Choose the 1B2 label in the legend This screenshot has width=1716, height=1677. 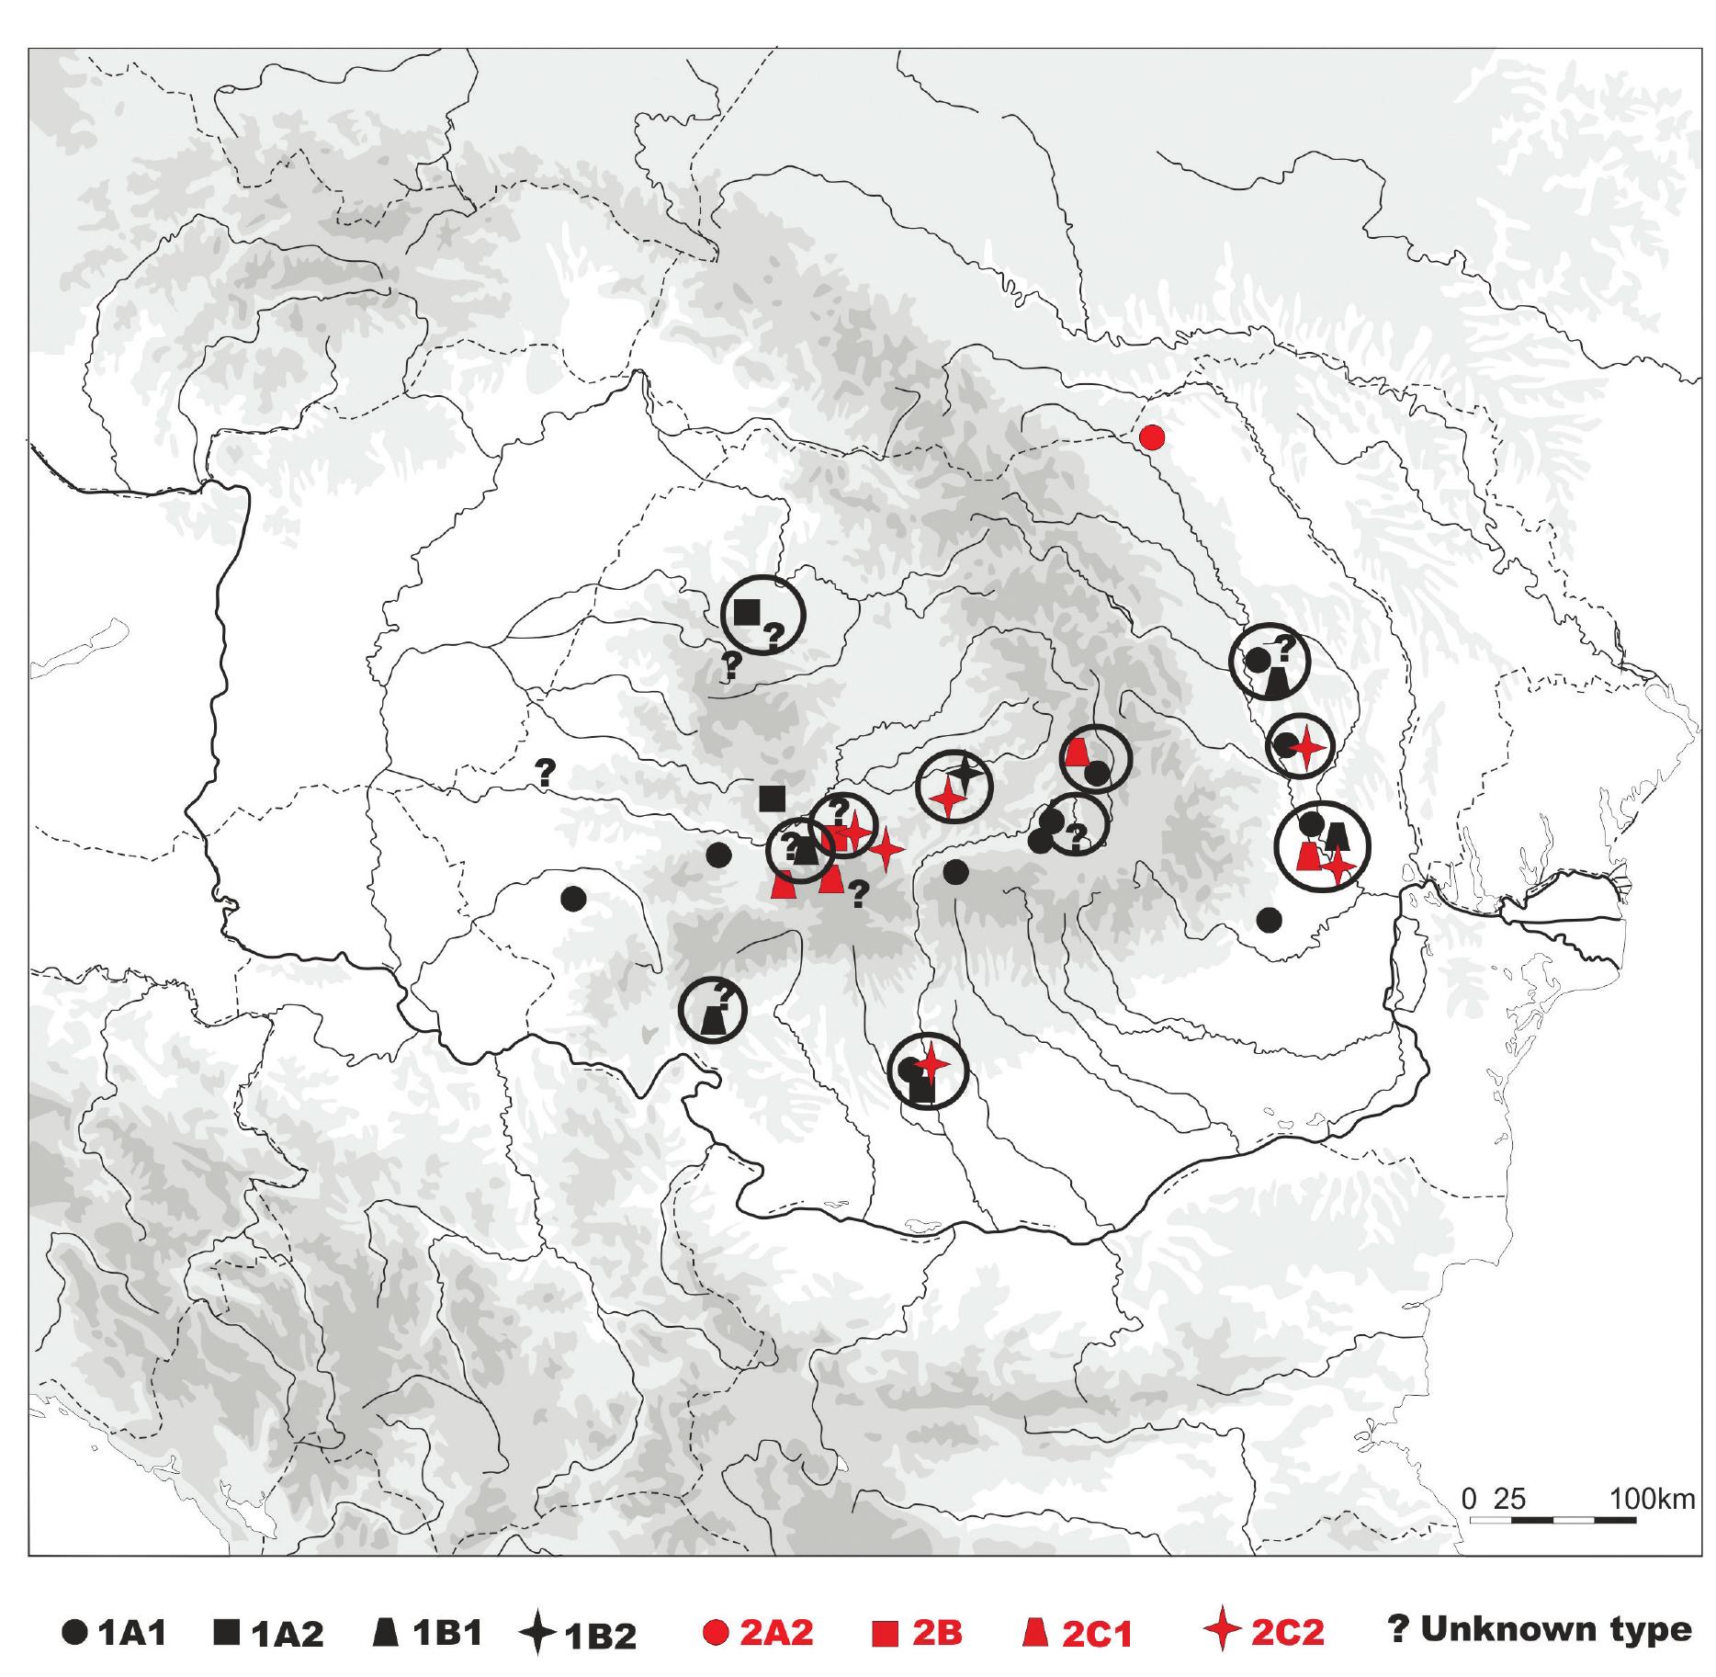point(601,1634)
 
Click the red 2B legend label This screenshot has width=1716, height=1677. point(936,1632)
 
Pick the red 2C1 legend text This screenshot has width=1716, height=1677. point(1098,1632)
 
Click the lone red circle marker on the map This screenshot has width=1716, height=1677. point(1152,437)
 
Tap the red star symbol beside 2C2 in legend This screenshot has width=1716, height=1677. point(1223,1632)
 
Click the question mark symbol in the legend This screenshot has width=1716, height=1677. point(1398,1628)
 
